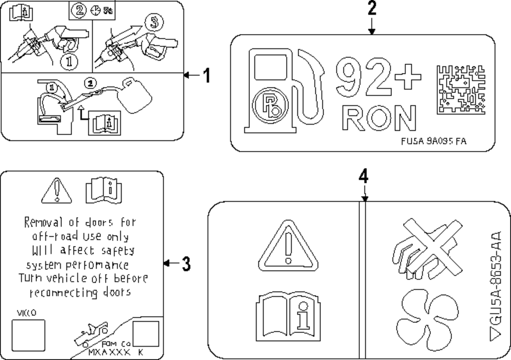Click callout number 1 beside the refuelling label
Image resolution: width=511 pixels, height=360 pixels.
click(205, 76)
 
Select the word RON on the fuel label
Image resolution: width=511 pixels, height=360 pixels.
click(378, 118)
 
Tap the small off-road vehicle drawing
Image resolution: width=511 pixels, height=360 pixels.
click(92, 333)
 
